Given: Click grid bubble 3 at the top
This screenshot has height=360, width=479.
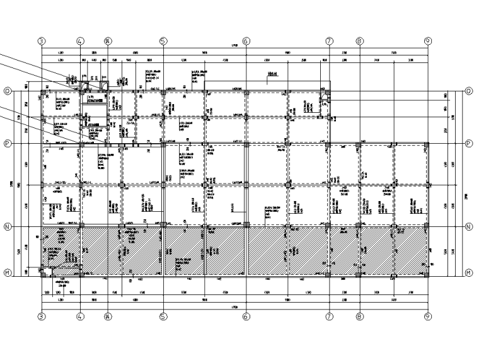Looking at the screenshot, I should click(42, 41).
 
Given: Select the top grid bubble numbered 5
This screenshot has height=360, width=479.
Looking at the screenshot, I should click(163, 41).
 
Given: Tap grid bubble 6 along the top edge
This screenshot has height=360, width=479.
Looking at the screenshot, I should click(246, 41).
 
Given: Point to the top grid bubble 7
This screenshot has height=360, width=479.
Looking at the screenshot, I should click(329, 41).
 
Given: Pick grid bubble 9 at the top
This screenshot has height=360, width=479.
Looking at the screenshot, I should click(428, 41).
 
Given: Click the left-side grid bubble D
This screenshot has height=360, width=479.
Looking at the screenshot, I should click(8, 91).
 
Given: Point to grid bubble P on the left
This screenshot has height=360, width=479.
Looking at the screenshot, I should click(8, 144).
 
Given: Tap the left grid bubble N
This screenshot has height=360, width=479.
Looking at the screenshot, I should click(8, 226).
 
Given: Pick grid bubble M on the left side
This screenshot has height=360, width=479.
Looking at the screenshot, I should click(8, 272).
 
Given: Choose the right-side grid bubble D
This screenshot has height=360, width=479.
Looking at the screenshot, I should click(469, 91).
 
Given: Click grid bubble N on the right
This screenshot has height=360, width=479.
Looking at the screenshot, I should click(469, 226).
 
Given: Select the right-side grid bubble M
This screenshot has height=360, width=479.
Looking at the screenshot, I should click(469, 272).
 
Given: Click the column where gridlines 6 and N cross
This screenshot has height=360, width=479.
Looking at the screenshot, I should click(246, 226).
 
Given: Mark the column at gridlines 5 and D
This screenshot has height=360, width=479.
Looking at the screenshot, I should click(163, 92).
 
